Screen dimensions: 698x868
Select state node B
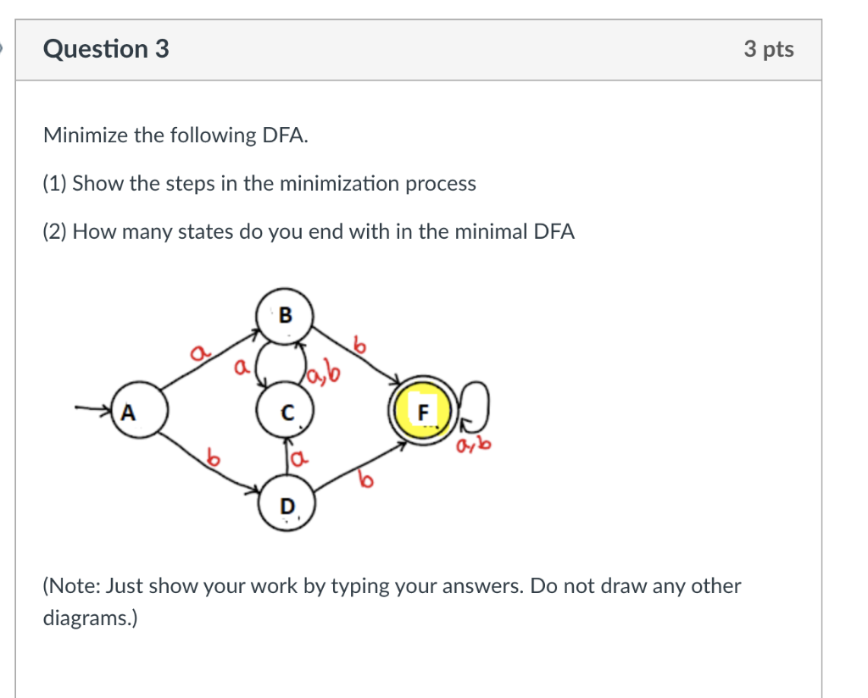click(286, 315)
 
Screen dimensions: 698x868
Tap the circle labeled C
click(287, 413)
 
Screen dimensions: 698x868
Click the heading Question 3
click(106, 49)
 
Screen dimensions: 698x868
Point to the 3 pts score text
click(769, 49)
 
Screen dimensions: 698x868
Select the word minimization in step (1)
click(336, 183)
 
